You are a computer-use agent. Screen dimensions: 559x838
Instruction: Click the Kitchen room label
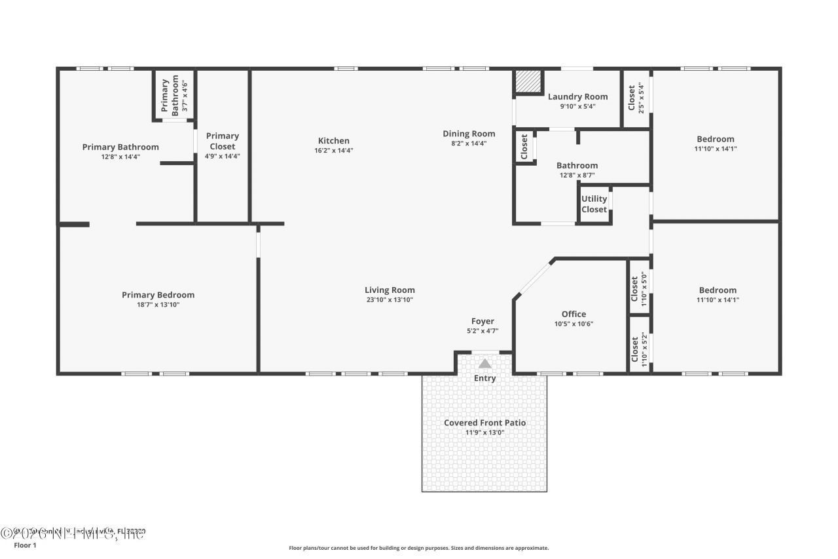coord(333,141)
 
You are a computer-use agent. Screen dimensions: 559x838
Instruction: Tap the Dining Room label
coord(469,134)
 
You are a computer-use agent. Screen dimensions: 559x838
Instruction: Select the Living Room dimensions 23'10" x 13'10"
coord(390,300)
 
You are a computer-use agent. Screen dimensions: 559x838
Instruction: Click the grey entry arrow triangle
coord(484,364)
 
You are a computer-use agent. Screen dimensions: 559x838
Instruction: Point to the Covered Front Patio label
coord(484,423)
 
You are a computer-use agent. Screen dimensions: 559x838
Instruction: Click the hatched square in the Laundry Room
coord(527,82)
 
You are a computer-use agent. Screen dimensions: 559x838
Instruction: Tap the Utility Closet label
coord(594,204)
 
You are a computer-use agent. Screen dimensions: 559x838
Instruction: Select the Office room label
coord(574,314)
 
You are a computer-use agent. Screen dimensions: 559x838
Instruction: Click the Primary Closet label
coord(223,141)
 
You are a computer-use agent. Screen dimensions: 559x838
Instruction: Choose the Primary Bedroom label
coord(158,295)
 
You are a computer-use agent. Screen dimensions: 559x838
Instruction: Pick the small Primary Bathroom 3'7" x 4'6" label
coord(175,96)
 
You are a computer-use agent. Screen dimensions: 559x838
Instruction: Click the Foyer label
coord(483,321)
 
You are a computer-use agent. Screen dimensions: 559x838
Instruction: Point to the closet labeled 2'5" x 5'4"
coord(636,97)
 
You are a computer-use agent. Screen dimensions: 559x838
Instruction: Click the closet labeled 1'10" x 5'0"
coord(638,288)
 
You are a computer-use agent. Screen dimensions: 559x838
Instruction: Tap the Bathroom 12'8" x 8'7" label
coord(577,166)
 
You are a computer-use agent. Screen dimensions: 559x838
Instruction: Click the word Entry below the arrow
coord(484,378)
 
